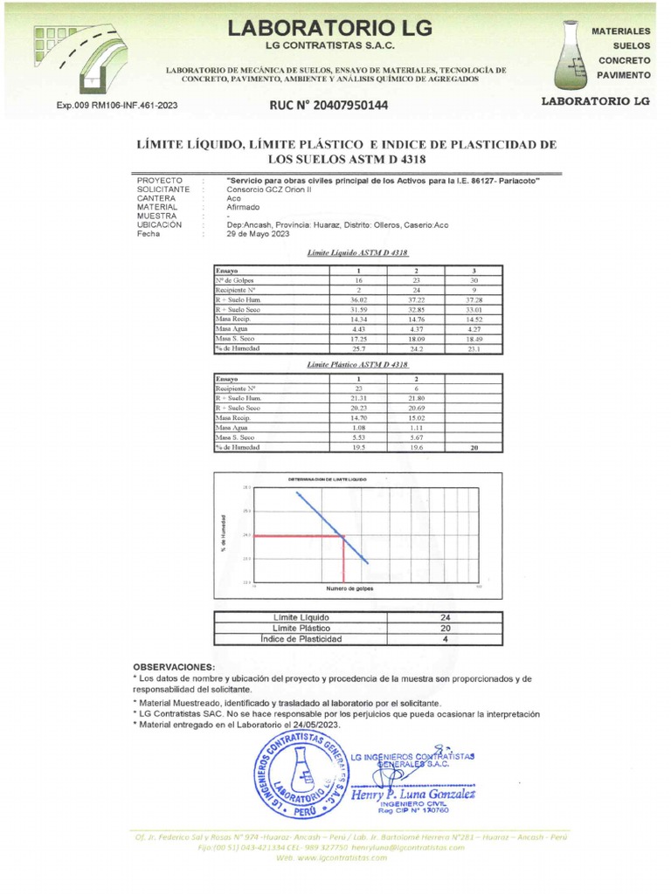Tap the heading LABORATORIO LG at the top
(x=329, y=28)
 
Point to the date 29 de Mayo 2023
(x=258, y=234)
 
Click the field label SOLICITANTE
(x=163, y=189)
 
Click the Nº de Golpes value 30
(x=473, y=280)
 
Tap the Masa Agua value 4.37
(x=417, y=329)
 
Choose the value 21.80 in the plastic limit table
(x=417, y=398)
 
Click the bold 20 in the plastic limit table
(x=473, y=447)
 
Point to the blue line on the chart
(x=332, y=526)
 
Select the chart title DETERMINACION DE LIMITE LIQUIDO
(x=328, y=480)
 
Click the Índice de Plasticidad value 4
(x=445, y=639)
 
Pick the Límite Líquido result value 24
(x=445, y=617)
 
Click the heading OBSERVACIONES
(x=173, y=666)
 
